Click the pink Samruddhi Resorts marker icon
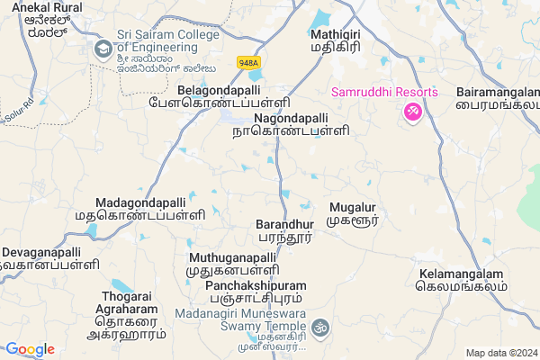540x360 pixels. pyautogui.click(x=413, y=112)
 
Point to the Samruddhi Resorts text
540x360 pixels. pyautogui.click(x=384, y=92)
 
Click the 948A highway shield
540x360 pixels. pyautogui.click(x=247, y=62)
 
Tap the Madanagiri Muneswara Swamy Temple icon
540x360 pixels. pyautogui.click(x=322, y=328)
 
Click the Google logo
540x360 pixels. pyautogui.click(x=31, y=349)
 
